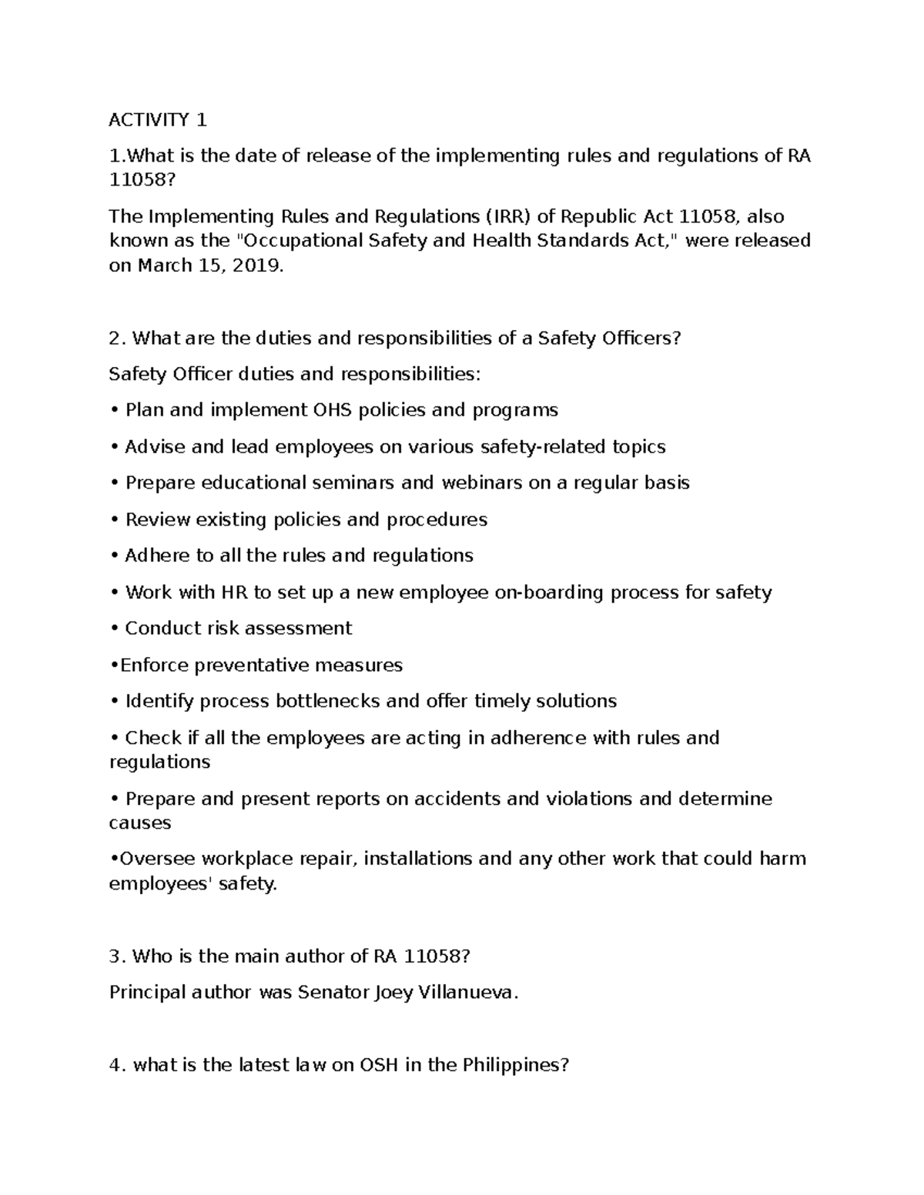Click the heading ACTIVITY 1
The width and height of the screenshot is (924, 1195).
158,120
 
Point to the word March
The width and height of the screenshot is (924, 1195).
163,266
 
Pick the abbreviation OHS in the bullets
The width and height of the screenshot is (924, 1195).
331,410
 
